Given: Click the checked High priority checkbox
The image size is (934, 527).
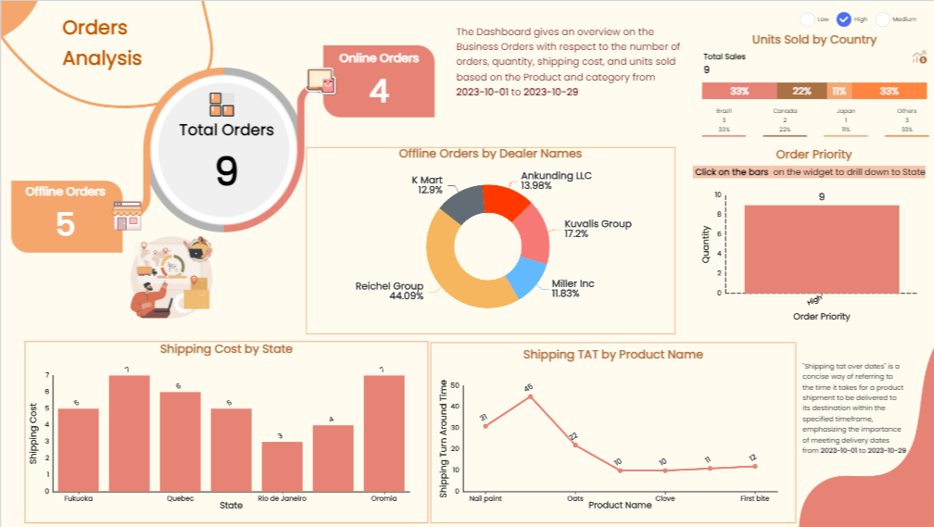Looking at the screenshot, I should tap(844, 19).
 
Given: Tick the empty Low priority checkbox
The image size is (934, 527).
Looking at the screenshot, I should tap(807, 19).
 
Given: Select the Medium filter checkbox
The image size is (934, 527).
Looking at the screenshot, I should tap(882, 19).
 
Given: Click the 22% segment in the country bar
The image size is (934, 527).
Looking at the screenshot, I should tap(801, 91).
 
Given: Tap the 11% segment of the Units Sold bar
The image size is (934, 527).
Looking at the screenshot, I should tap(839, 91).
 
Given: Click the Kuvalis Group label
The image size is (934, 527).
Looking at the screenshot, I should tap(598, 224).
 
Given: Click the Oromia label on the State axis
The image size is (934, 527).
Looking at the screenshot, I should tap(384, 498).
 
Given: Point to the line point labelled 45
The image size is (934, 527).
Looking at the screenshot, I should tap(530, 396).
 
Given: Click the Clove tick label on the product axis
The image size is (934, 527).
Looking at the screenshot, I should tap(663, 497).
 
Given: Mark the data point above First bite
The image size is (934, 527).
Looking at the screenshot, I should tap(754, 466).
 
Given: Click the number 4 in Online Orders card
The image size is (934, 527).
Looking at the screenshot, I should tap(378, 91).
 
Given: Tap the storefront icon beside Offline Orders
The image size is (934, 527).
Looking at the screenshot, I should tap(126, 216).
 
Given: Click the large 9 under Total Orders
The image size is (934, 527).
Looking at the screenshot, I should tap(226, 170).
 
